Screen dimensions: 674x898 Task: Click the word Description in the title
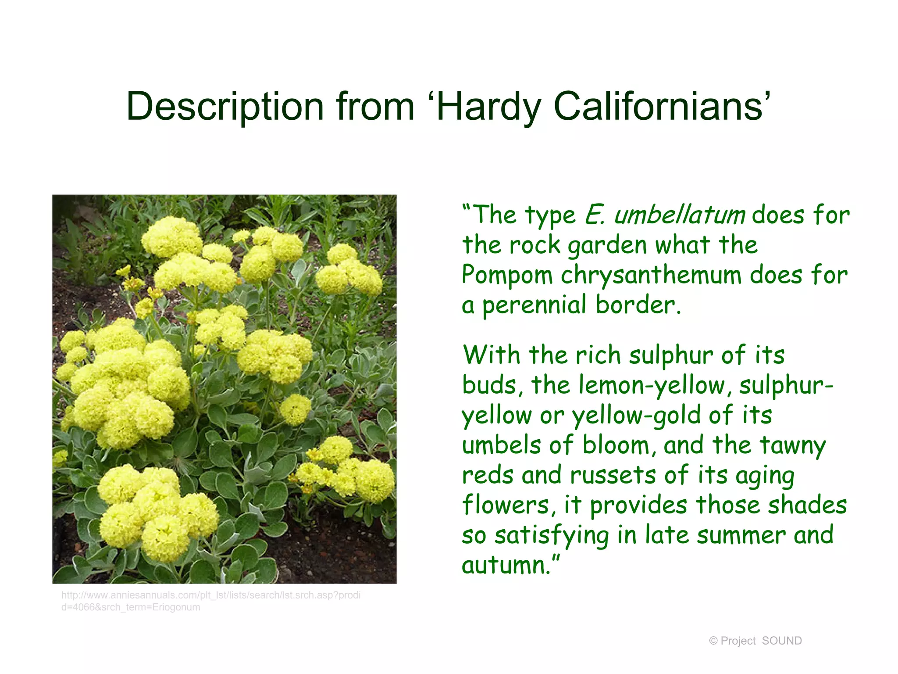[225, 107]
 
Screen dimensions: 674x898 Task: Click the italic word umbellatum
[679, 215]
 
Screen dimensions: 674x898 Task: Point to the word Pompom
[507, 276]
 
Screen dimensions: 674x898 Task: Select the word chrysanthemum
[651, 276]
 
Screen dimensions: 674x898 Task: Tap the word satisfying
[552, 535]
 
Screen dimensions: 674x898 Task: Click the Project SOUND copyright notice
[755, 641]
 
